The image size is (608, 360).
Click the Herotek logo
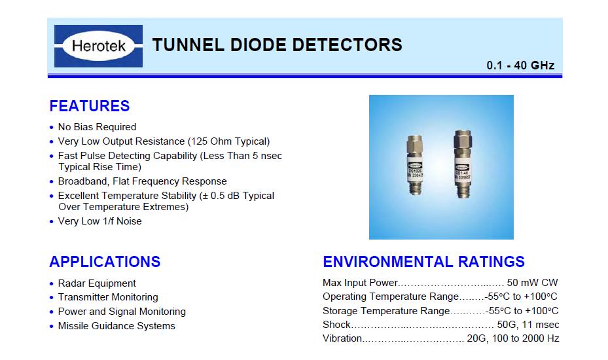98,46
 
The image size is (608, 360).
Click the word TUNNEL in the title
188,45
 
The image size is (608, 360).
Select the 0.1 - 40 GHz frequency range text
520,65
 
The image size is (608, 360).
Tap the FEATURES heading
90,106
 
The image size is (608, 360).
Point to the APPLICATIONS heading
105,262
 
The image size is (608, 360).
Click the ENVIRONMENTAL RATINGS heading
423,262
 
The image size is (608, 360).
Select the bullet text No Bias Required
97,127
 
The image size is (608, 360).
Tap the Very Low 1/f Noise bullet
100,221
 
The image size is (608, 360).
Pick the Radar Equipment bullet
97,283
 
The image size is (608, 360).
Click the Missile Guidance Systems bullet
116,326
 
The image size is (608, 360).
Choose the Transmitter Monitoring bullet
108,297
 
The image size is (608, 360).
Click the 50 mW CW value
532,282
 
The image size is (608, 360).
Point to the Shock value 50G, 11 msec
528,324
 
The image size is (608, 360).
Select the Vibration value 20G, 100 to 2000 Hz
513,338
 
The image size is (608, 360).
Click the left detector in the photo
414,164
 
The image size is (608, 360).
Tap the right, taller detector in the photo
463,164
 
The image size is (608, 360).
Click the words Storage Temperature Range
386,311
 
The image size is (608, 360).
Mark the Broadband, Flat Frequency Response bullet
142,181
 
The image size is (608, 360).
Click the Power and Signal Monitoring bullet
122,312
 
